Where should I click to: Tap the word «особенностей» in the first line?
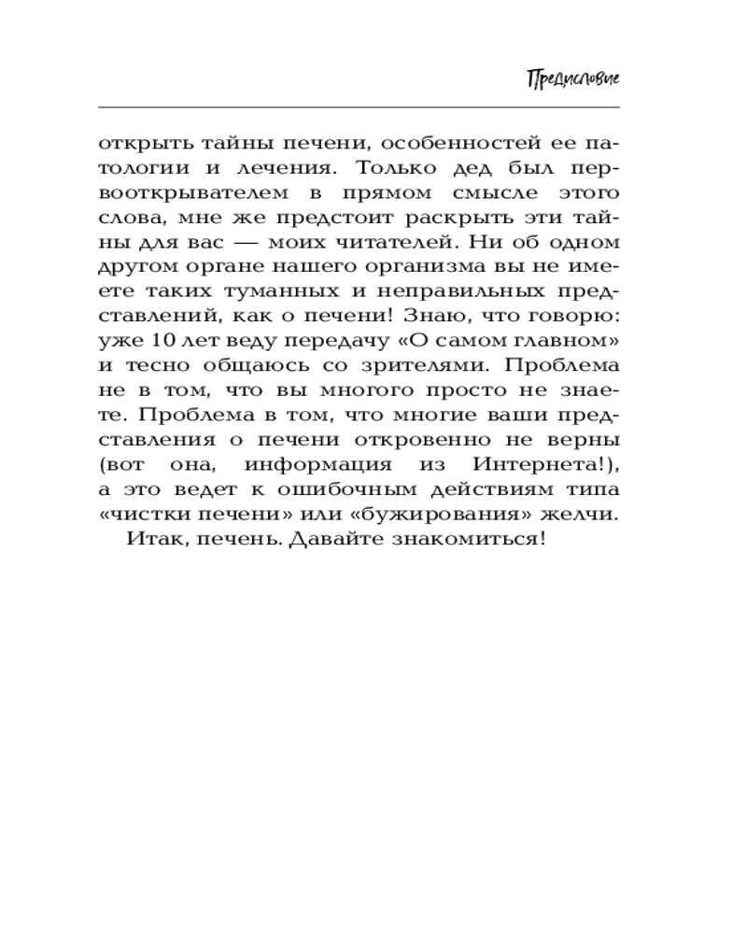pyautogui.click(x=439, y=144)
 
